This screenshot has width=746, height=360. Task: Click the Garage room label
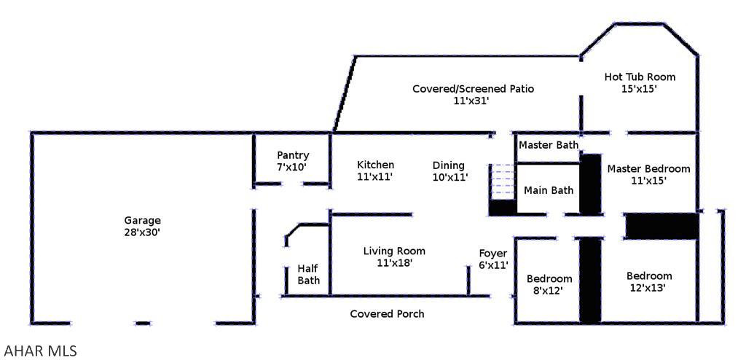tap(142, 220)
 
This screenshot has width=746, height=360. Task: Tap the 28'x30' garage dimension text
tap(142, 232)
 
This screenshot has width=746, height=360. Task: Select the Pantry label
tap(293, 155)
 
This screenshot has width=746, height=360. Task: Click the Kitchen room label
tap(375, 165)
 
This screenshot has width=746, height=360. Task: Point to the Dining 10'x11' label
tap(449, 171)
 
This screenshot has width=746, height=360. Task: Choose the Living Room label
tap(394, 251)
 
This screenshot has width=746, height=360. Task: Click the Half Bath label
tap(308, 274)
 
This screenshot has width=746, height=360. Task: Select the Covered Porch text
tap(387, 313)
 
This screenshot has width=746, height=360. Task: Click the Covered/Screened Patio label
tap(473, 89)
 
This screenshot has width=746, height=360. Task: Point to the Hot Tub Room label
tap(640, 77)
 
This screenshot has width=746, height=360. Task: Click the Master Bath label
tap(548, 145)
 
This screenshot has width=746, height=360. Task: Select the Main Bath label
tap(549, 190)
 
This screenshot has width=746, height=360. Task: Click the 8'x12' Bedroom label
tap(549, 284)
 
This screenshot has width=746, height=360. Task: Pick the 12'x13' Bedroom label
tap(649, 281)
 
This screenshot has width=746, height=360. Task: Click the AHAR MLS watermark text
tap(40, 351)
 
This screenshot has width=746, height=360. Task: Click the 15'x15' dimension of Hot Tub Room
tap(640, 89)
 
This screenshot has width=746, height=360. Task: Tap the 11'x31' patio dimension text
tap(471, 101)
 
